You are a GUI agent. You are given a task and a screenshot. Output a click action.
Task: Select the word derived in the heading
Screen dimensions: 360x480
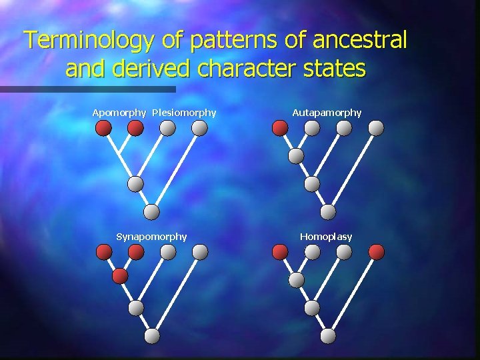tap(155, 69)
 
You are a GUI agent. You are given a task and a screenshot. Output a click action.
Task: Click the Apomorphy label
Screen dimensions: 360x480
tap(119, 113)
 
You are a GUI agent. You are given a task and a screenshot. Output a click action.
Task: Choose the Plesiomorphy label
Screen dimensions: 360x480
tap(184, 113)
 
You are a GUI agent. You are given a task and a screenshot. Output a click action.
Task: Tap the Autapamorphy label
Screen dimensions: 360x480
tap(327, 113)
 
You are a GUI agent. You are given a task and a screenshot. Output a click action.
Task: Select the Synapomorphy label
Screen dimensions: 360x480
tap(151, 237)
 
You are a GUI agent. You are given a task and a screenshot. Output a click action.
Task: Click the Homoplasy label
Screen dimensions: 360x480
tap(326, 237)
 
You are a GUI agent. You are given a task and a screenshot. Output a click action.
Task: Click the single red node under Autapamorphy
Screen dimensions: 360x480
tap(281, 128)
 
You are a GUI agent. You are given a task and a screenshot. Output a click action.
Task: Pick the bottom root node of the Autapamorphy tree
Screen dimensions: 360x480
tap(328, 211)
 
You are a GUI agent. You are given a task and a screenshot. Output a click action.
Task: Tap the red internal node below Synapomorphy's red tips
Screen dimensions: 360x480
tap(120, 275)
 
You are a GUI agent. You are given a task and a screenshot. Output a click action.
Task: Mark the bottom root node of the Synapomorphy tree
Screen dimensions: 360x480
tap(153, 336)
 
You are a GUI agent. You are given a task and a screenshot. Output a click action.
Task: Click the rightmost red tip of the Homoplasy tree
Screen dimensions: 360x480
tap(377, 251)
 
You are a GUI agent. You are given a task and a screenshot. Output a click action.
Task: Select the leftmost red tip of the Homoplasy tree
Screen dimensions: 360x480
tap(281, 251)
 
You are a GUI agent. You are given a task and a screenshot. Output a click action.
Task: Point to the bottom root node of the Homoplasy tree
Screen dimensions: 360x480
tap(328, 336)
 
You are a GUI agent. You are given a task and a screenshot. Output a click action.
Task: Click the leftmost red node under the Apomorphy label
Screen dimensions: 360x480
tap(103, 128)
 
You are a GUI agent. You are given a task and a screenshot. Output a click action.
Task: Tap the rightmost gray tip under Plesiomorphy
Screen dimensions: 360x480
tap(200, 128)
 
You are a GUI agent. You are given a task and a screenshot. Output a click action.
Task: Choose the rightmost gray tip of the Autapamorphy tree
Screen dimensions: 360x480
tap(377, 128)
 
